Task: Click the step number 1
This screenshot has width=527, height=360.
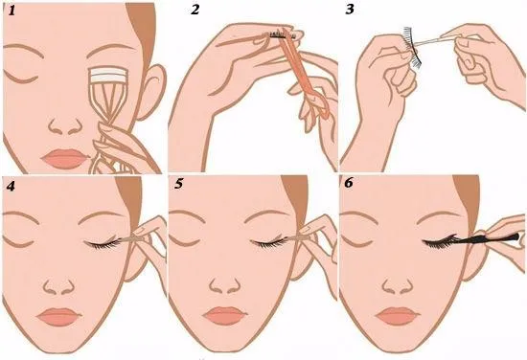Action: [x=12, y=11]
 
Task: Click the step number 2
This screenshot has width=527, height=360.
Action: [x=195, y=10]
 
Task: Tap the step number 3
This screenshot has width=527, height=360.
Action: [x=350, y=10]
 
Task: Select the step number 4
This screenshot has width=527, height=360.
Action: [x=11, y=186]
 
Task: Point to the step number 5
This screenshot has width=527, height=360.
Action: [x=179, y=184]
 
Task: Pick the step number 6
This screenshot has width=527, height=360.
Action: [x=349, y=183]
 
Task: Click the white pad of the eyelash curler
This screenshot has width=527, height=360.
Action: [x=106, y=76]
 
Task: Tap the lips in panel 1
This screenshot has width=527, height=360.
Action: [x=65, y=159]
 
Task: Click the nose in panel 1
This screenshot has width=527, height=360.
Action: [x=65, y=126]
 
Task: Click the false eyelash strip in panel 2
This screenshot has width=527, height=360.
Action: [x=282, y=34]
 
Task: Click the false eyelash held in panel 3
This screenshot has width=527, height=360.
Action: [x=413, y=48]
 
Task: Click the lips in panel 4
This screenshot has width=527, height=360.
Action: [x=58, y=316]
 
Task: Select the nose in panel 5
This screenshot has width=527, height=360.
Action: [x=225, y=286]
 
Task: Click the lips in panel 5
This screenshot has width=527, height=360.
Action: [x=225, y=316]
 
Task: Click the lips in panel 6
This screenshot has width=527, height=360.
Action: [x=398, y=316]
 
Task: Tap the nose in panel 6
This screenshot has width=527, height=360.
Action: [x=398, y=286]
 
